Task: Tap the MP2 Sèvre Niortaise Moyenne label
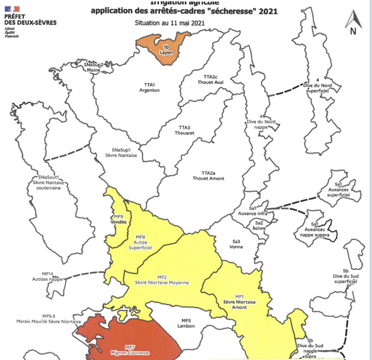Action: (162, 279)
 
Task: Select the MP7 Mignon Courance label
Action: (130, 350)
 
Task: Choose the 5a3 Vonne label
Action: (235, 244)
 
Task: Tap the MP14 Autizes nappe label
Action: (48, 276)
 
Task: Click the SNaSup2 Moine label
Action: (94, 67)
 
